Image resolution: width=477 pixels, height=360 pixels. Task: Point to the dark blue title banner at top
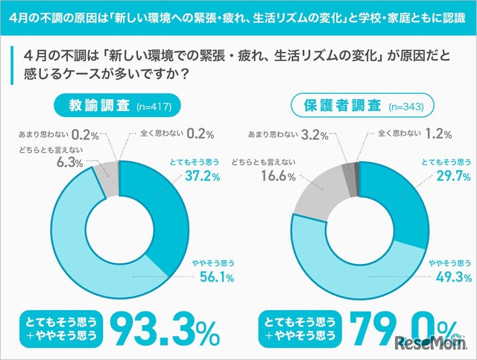pos(238,16)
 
